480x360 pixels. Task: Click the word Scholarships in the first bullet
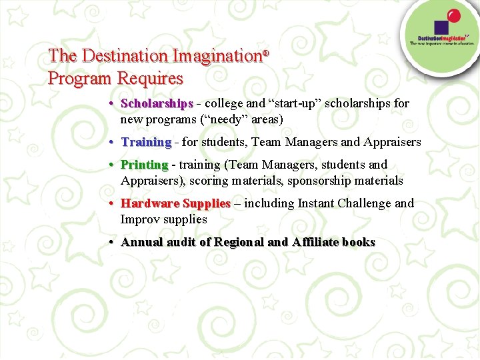pyautogui.click(x=157, y=104)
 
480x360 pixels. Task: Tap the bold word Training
pyautogui.click(x=146, y=142)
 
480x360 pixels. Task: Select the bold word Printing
pyautogui.click(x=144, y=165)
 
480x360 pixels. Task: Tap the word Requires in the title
pyautogui.click(x=150, y=78)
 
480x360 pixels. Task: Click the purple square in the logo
pyautogui.click(x=441, y=28)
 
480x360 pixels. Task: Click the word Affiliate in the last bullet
pyautogui.click(x=315, y=242)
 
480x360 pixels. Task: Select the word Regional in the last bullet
pyautogui.click(x=238, y=242)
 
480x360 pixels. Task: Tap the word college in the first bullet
pyautogui.click(x=225, y=104)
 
